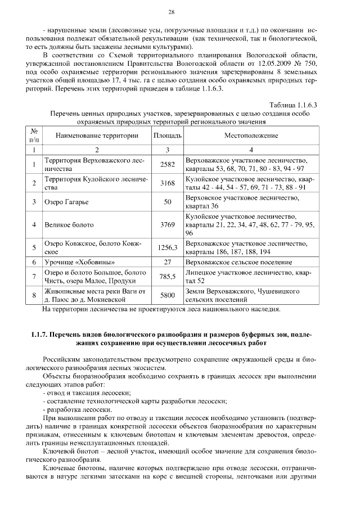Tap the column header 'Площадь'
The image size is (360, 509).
tap(167, 136)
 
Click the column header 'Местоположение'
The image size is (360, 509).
tap(251, 136)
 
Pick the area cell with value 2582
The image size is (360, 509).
tap(167, 164)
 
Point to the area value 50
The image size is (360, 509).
tap(167, 201)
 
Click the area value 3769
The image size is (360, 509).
tap(167, 224)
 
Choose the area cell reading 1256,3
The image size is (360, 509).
tap(167, 247)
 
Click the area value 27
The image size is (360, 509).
tap(167, 262)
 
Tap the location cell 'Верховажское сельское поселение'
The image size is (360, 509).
tap(238, 262)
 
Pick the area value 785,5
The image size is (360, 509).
tap(167, 276)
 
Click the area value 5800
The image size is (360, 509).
tap(167, 295)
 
